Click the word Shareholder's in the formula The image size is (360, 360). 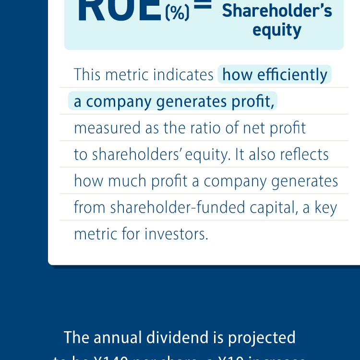[277, 11]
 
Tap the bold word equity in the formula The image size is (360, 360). [277, 30]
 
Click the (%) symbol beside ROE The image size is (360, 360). [177, 13]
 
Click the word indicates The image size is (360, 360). [183, 75]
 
